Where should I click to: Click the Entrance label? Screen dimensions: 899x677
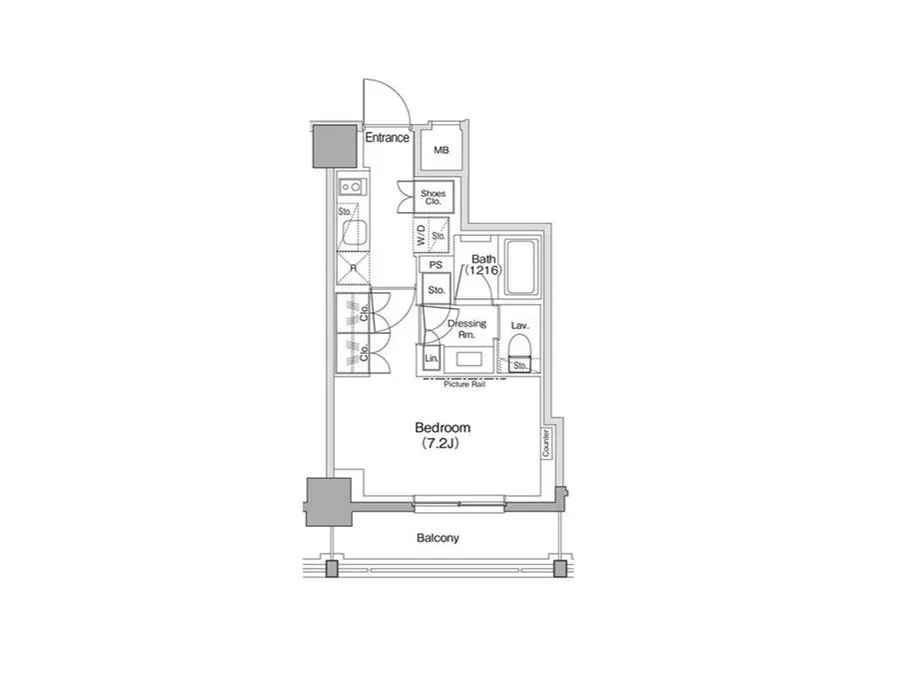[387, 138]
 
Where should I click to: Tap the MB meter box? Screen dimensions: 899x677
[441, 150]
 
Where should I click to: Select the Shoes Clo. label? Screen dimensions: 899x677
[433, 198]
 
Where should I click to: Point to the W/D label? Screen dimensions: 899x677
[422, 235]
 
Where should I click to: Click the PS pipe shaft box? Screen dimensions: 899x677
[436, 265]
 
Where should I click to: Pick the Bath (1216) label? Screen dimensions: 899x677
[483, 265]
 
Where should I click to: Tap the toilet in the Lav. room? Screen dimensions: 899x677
[519, 354]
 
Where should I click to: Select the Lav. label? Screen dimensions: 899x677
[519, 326]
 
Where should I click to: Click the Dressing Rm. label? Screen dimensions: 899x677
[466, 328]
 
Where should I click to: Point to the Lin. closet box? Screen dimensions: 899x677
[432, 359]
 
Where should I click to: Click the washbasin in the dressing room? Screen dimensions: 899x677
[469, 359]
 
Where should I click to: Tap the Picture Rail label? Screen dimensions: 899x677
[464, 385]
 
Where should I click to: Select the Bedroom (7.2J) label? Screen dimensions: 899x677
[443, 435]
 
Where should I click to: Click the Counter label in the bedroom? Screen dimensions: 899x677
[545, 443]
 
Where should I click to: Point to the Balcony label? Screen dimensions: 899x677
[438, 538]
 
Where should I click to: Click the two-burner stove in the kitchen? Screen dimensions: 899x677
[351, 186]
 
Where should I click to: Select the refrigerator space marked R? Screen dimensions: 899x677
[354, 268]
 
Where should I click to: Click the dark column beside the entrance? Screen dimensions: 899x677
[335, 146]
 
